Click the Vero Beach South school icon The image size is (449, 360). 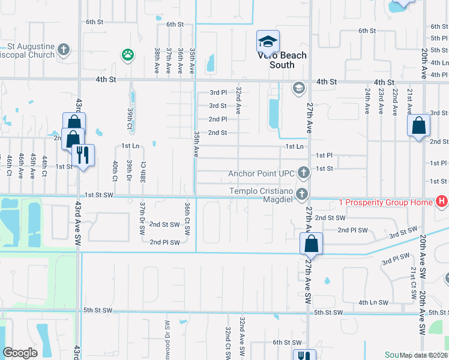(x=268, y=41)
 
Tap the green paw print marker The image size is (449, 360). (x=127, y=55)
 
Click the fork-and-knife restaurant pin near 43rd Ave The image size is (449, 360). (x=83, y=155)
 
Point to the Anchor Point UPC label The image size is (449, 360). (x=261, y=173)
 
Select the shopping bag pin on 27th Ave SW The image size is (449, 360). (x=311, y=244)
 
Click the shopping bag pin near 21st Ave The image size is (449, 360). (x=419, y=126)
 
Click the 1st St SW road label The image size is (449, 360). (x=99, y=195)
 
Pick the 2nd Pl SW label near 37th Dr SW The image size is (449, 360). (x=164, y=242)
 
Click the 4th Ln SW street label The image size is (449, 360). (x=373, y=303)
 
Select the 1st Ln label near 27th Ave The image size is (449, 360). (x=294, y=146)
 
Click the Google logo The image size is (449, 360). (x=20, y=353)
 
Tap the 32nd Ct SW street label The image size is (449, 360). (x=228, y=342)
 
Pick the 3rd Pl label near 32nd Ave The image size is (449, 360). (x=218, y=92)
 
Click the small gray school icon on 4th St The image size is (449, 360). (x=298, y=89)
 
